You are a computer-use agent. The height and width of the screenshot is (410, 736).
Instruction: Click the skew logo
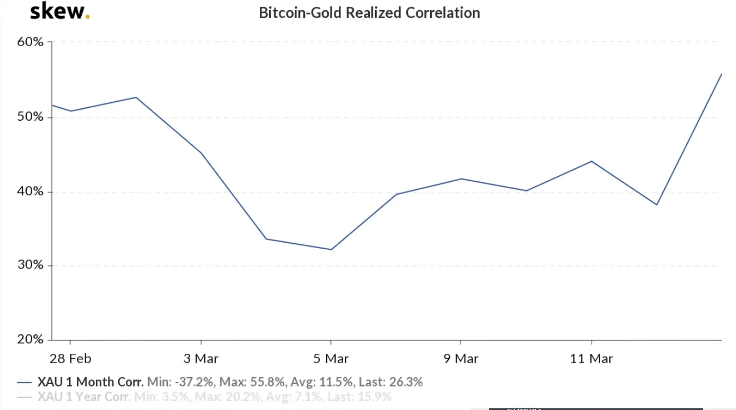60,12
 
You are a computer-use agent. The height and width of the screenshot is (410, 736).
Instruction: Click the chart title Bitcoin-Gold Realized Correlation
369,13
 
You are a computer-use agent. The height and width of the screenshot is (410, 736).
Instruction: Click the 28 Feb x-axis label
70,359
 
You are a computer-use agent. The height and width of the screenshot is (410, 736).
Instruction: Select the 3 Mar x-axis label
201,359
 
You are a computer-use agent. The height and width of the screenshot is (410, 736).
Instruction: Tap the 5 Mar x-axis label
331,359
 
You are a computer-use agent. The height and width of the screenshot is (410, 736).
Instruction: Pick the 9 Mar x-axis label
461,359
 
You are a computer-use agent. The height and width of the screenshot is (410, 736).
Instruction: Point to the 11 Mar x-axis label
591,359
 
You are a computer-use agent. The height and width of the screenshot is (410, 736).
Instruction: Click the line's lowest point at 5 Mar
331,249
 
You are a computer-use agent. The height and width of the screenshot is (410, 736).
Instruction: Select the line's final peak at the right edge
721,74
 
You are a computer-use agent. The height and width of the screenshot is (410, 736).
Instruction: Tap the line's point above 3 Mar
201,153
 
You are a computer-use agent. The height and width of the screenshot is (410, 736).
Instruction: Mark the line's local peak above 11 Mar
591,161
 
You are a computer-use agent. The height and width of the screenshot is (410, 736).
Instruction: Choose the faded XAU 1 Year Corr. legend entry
84,397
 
